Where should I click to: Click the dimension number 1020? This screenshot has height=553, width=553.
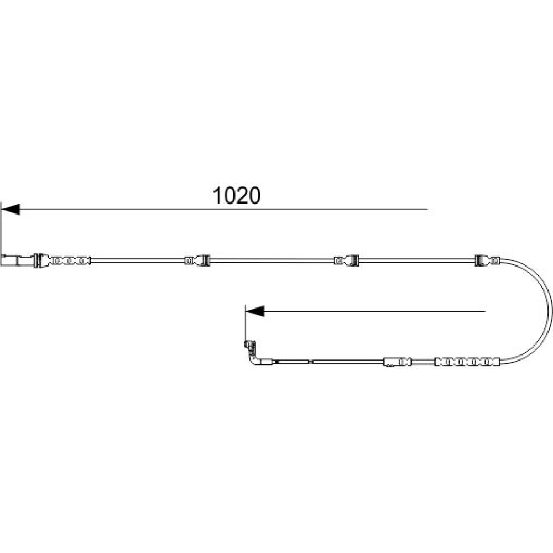coord(237,196)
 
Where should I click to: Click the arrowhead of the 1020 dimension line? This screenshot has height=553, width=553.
coord(11,209)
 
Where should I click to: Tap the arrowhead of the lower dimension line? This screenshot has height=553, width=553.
coord(255,311)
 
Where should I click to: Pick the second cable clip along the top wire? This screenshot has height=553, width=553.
coord(197,260)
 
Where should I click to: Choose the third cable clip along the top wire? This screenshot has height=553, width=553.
coord(347,260)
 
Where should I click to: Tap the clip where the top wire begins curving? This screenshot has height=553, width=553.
coord(487,260)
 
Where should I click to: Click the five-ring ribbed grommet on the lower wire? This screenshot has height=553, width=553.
coord(467,362)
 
